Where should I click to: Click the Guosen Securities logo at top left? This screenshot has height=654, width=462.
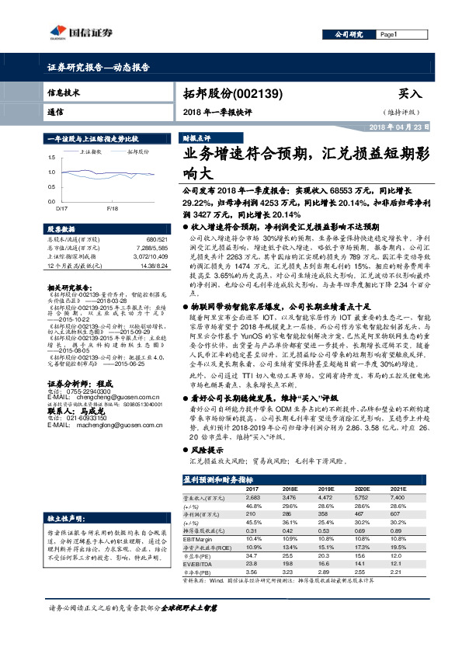75,32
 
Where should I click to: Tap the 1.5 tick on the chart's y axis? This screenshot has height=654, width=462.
51,158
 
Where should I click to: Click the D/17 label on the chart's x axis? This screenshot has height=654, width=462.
62,208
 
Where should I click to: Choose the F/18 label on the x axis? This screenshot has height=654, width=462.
113,208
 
